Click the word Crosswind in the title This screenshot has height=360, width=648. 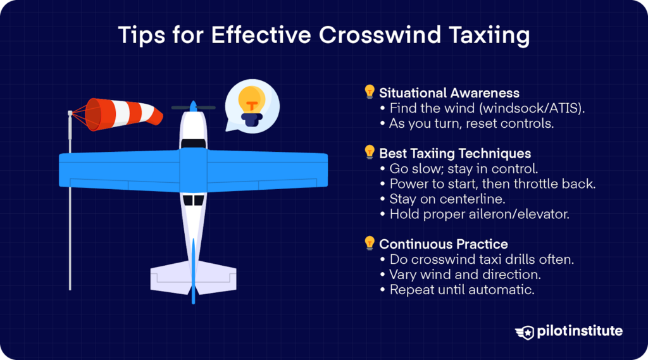point(380,35)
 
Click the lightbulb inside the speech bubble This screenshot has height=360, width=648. point(252,106)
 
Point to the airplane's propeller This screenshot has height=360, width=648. point(194,108)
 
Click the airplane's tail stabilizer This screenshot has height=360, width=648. point(194,278)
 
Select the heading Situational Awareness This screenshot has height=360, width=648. point(449,93)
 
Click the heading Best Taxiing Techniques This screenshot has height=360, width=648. point(455,153)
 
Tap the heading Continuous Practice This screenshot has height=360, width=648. point(444,244)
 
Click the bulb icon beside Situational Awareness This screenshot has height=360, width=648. point(370,92)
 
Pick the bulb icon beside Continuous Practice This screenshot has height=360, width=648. point(370,243)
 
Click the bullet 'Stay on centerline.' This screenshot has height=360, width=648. point(442,199)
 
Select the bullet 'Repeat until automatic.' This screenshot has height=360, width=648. point(457,290)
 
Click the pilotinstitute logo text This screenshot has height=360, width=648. point(580,331)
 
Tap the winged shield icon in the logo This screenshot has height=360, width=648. point(525,332)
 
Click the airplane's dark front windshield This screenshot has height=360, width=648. point(194,144)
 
